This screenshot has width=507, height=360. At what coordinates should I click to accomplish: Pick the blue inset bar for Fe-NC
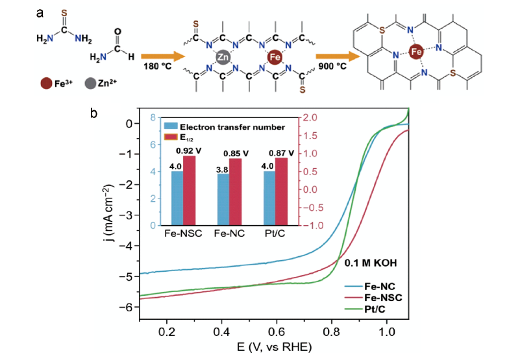click(x=224, y=199)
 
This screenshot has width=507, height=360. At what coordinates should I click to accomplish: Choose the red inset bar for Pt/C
click(x=281, y=191)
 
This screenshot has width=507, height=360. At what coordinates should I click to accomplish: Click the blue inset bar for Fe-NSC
click(x=177, y=198)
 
